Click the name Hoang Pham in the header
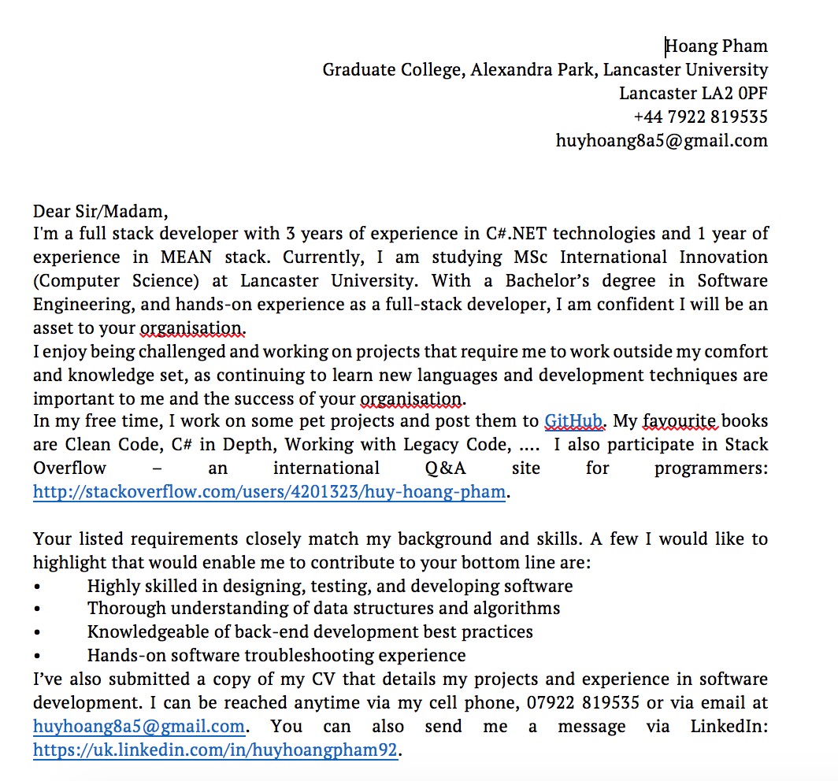tap(716, 46)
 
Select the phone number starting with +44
tap(700, 117)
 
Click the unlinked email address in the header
tap(662, 141)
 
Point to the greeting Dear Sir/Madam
tap(100, 211)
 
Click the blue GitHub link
tap(573, 421)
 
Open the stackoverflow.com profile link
tap(269, 493)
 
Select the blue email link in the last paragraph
tap(139, 727)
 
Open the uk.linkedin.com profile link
tap(215, 750)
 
